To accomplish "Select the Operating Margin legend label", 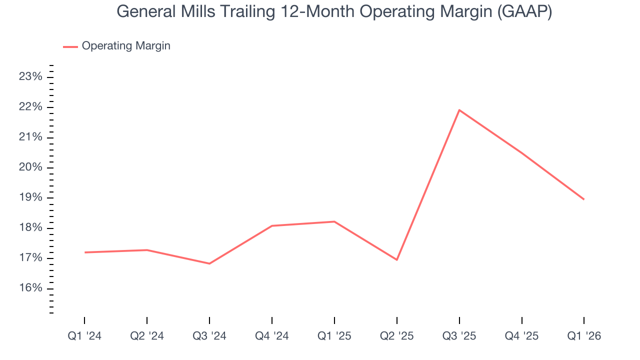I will pyautogui.click(x=126, y=46).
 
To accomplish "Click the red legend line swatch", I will pyautogui.click(x=70, y=46).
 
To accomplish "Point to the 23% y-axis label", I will pyautogui.click(x=30, y=77).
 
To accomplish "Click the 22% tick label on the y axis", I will pyautogui.click(x=30, y=107).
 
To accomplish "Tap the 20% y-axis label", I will pyautogui.click(x=30, y=167).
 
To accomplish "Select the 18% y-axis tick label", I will pyautogui.click(x=30, y=228).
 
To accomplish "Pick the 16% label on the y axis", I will pyautogui.click(x=30, y=288).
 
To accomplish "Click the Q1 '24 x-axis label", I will pyautogui.click(x=84, y=336).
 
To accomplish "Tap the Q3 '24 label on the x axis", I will pyautogui.click(x=209, y=336).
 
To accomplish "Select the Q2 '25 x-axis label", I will pyautogui.click(x=397, y=336).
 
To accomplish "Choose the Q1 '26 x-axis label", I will pyautogui.click(x=584, y=336).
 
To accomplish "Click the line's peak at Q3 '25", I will pyautogui.click(x=459, y=110).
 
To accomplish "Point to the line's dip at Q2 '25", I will pyautogui.click(x=397, y=259).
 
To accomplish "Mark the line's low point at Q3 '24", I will pyautogui.click(x=209, y=263).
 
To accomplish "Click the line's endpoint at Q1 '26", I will pyautogui.click(x=583, y=199).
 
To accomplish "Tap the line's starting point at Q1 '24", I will pyautogui.click(x=84, y=252).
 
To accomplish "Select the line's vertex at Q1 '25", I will pyautogui.click(x=334, y=221).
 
